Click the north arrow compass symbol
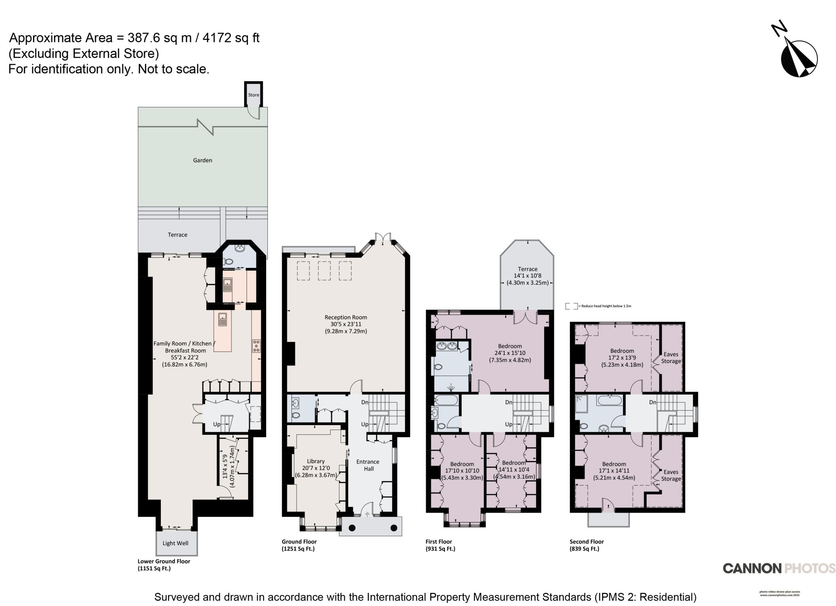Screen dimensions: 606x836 (799, 59)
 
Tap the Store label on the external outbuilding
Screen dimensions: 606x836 (253, 95)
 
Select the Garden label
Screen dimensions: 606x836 (202, 160)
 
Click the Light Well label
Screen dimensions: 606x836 (175, 543)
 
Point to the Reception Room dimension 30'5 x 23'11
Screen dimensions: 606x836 (346, 324)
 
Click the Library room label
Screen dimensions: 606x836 (316, 461)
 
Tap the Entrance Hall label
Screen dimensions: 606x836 (368, 465)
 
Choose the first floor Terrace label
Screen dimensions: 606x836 (527, 269)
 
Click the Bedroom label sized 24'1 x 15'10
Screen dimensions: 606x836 (510, 346)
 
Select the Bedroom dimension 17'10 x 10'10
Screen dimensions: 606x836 (462, 471)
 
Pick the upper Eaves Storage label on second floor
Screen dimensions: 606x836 (671, 358)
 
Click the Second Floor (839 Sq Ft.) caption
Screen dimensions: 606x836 (587, 545)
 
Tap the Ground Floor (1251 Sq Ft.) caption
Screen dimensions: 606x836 (299, 545)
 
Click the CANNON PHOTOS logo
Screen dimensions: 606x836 (779, 568)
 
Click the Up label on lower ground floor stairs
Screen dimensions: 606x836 (217, 424)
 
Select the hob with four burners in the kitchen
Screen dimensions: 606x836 (256, 346)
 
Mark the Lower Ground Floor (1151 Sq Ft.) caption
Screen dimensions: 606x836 (164, 565)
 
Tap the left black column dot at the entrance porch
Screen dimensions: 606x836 (352, 528)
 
